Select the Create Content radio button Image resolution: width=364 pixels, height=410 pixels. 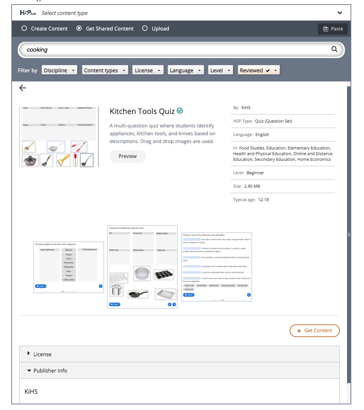(24, 29)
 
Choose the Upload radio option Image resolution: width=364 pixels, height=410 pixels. (145, 29)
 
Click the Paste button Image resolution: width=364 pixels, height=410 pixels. (333, 29)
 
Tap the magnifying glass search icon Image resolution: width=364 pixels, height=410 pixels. (334, 50)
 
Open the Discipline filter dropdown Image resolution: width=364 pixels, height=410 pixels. (59, 70)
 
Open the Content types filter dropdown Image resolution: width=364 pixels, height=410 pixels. (105, 70)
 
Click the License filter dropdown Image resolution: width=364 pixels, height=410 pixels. (148, 70)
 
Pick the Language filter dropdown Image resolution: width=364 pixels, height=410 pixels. (186, 70)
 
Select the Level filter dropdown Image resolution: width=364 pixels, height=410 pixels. (220, 70)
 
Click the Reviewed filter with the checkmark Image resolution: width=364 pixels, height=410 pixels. (258, 70)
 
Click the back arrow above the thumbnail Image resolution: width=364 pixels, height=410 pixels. (23, 88)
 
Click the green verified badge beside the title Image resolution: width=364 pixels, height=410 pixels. (180, 111)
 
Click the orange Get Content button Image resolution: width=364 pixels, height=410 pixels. (314, 330)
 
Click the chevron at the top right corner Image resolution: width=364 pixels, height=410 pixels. (340, 13)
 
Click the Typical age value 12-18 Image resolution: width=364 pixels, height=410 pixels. (263, 200)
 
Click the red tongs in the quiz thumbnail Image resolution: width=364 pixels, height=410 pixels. (79, 146)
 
